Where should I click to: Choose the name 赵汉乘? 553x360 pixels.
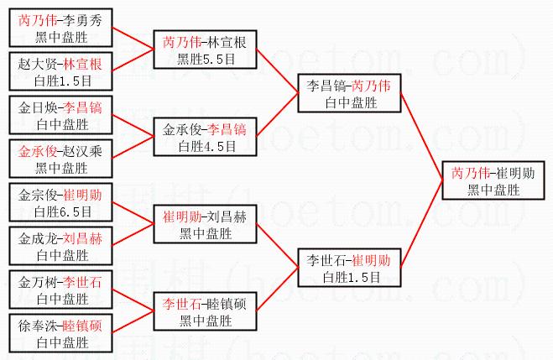pos(83,152)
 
